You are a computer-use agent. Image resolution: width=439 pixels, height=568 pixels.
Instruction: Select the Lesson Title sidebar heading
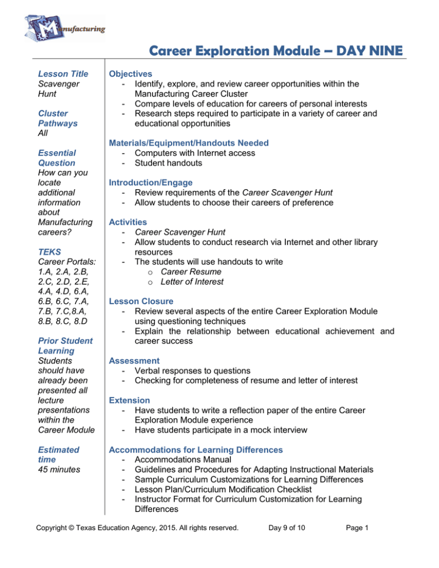tap(63, 74)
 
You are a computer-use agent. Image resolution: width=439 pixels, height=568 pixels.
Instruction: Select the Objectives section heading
tap(130, 74)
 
